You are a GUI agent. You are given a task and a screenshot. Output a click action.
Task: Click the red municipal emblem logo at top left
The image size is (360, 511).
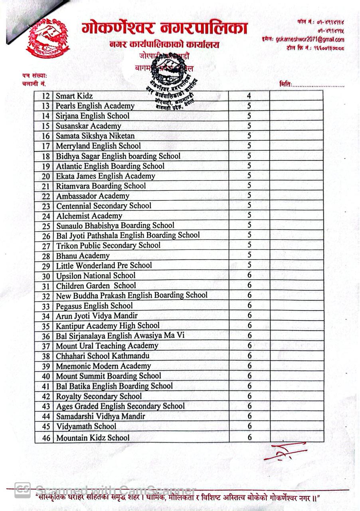point(47,38)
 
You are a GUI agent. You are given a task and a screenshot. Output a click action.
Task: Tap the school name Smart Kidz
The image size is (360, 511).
point(74,96)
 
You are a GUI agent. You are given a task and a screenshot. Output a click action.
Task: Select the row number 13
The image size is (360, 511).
point(46,106)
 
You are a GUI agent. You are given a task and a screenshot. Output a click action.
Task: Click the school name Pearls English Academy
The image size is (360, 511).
point(95,106)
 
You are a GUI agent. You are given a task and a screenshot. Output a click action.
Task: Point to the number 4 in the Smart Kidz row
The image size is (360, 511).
point(249,96)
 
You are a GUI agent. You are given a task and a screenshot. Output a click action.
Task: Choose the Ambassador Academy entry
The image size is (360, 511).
point(93,196)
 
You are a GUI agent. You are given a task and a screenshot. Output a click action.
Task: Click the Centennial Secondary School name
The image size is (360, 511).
point(104,206)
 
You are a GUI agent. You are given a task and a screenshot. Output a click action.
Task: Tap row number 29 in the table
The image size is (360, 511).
point(46,266)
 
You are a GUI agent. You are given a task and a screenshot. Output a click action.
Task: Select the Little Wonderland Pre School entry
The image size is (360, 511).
point(104,265)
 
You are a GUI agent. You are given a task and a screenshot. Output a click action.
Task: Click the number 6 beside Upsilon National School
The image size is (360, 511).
point(249,275)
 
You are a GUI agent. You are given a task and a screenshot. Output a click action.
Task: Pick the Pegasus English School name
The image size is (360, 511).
point(94,306)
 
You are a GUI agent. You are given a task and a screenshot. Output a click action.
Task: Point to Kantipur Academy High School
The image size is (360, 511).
point(108,326)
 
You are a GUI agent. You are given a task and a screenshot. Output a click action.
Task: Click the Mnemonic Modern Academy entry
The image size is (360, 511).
point(103,366)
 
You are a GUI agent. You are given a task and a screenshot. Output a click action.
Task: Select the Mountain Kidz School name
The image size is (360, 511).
point(93,438)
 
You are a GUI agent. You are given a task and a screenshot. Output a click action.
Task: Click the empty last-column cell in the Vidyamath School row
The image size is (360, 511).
point(297,426)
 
